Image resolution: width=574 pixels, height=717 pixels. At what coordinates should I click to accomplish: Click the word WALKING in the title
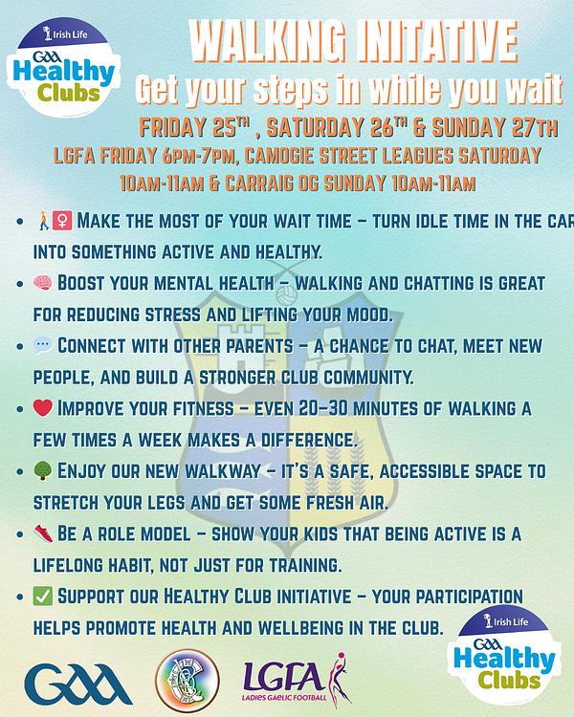coord(267,41)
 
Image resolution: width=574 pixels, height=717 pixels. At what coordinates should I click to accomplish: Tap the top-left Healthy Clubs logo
coord(64,67)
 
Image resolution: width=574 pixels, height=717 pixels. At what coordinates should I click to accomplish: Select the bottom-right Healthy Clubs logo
coord(504,654)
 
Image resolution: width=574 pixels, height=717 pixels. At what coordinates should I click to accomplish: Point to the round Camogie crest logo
coord(188,681)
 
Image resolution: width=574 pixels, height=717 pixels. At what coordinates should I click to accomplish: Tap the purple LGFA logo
coord(297,680)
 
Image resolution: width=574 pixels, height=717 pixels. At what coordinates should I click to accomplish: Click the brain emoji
coord(43,283)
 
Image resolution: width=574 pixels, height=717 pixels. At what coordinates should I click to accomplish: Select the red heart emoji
coord(43,407)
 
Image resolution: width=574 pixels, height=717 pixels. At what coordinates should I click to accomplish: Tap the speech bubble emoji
coord(43,345)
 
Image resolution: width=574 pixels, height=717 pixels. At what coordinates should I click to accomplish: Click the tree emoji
coord(43,470)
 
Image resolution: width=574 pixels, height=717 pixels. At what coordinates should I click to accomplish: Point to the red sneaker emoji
coord(43,533)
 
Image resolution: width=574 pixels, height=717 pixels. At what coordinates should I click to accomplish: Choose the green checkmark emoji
coord(43,597)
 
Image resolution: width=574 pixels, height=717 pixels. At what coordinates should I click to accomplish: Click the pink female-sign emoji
coord(62,221)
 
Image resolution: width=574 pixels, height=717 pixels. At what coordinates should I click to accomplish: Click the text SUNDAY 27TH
coord(496,127)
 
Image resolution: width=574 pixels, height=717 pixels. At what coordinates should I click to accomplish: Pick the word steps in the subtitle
coord(290,89)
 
